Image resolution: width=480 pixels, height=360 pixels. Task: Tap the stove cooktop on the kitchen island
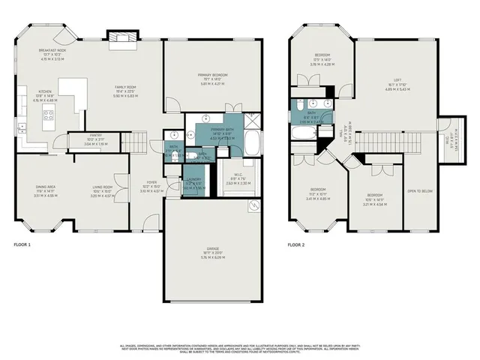[49, 115]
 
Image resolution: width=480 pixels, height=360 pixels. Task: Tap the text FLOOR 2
[298, 244]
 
